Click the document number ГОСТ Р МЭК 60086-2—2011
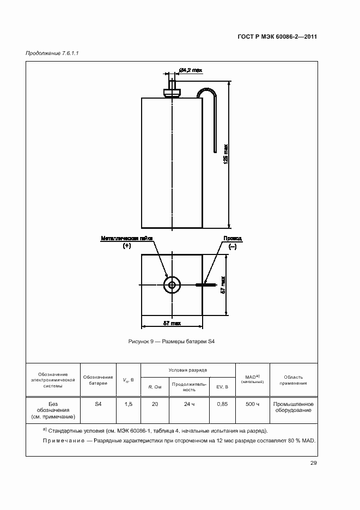[277, 37]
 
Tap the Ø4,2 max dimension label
[191, 70]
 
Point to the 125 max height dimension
[225, 154]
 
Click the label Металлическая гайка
[127, 239]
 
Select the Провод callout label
[233, 239]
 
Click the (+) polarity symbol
[127, 246]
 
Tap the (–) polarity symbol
[233, 246]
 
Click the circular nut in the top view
[172, 285]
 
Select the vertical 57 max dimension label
[223, 285]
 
